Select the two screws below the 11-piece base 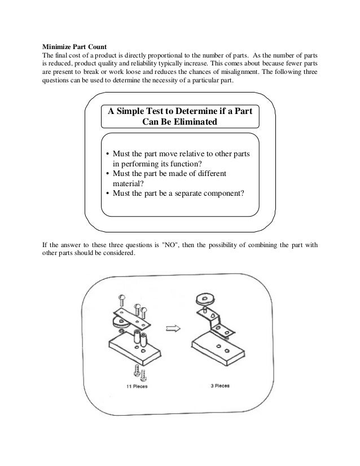[x=136, y=371]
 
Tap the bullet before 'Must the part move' [x=108, y=154]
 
